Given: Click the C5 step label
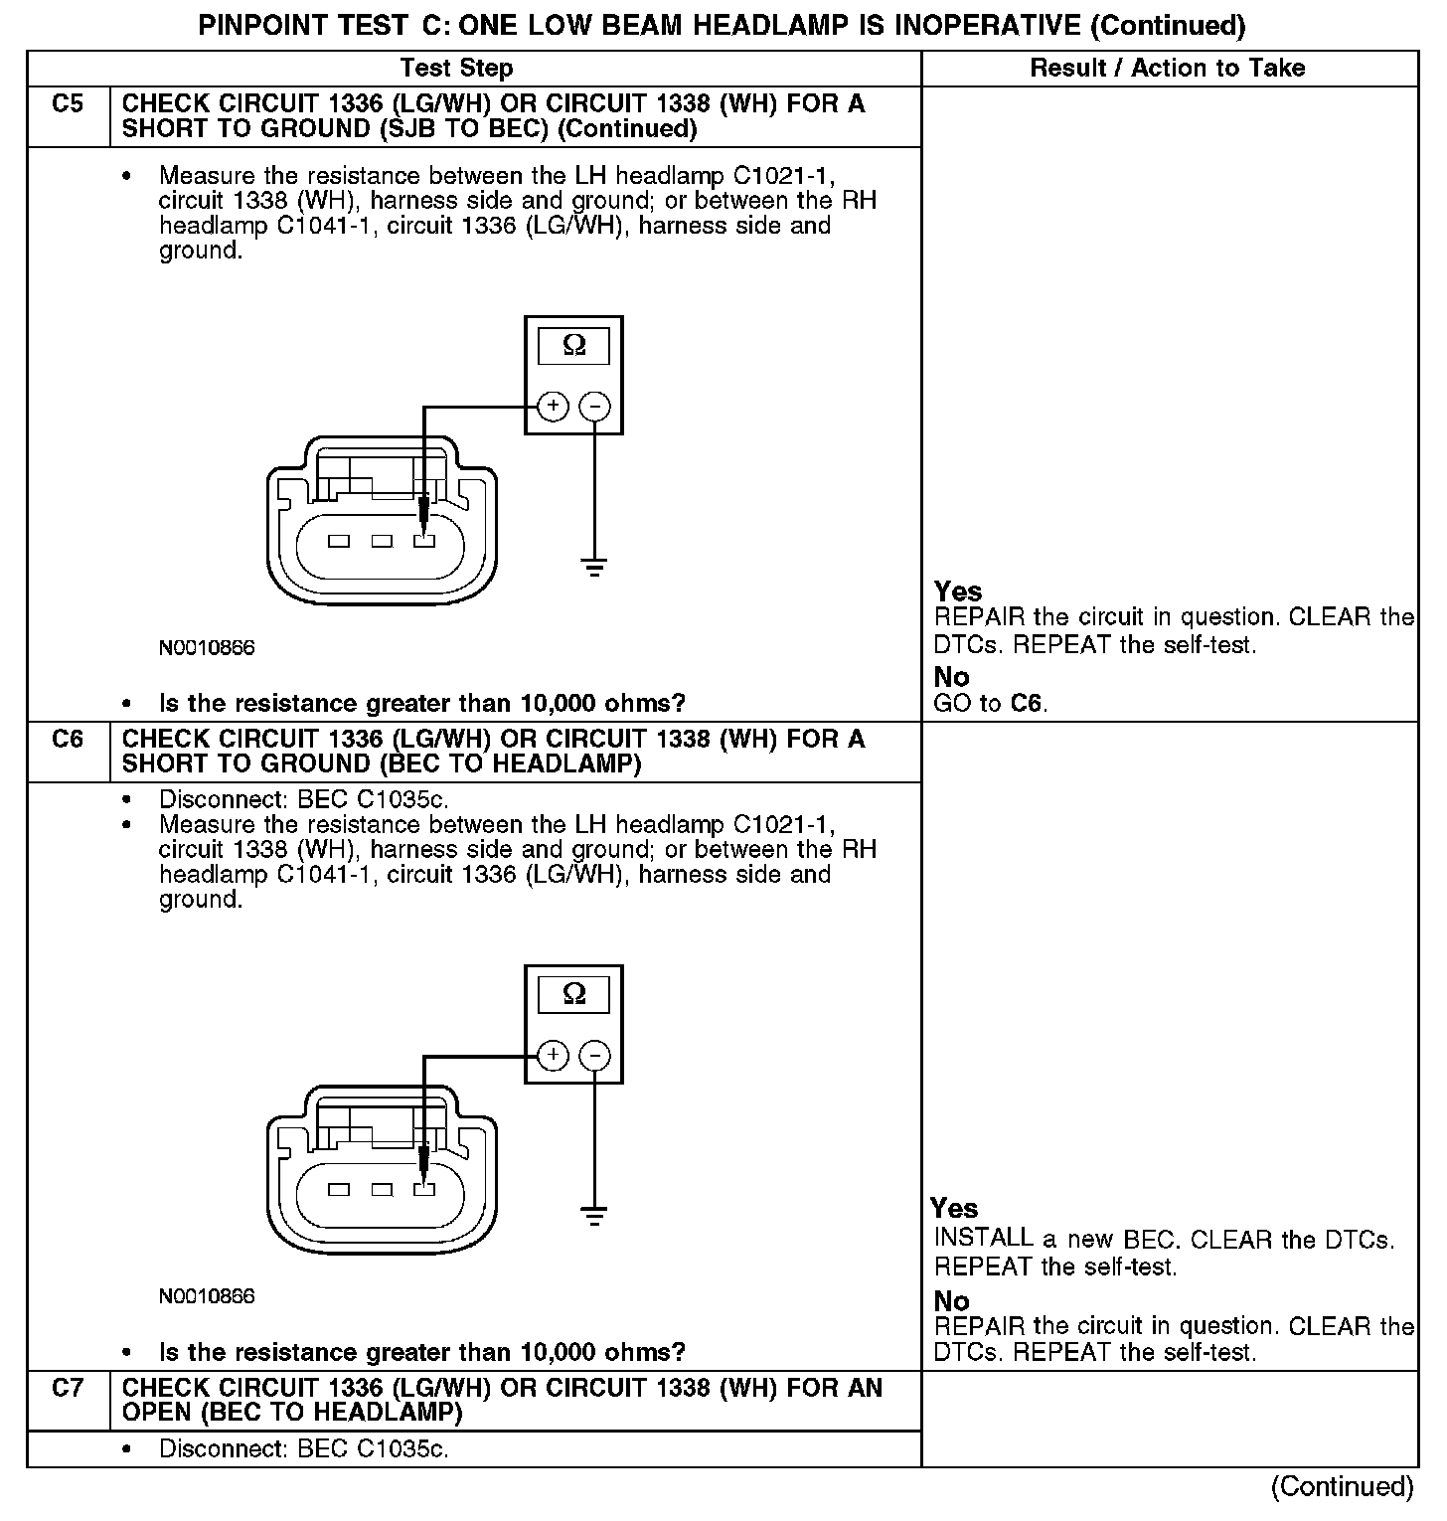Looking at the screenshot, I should pyautogui.click(x=68, y=104).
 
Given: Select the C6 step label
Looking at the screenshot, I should pyautogui.click(x=68, y=740).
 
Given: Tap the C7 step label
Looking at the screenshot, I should pyautogui.click(x=68, y=1388).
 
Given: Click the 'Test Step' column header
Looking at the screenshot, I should pyautogui.click(x=456, y=69).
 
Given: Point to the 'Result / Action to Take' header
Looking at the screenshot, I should pyautogui.click(x=1168, y=69).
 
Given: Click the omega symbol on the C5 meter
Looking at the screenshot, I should pyautogui.click(x=573, y=346).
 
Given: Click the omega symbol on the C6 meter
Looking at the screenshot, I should pyautogui.click(x=573, y=994).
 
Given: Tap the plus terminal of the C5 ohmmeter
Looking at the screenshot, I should pyautogui.click(x=553, y=406).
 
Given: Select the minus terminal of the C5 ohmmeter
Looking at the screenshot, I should pyautogui.click(x=594, y=406).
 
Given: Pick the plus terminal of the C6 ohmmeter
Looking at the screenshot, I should pyautogui.click(x=553, y=1055).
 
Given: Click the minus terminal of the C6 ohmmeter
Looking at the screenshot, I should pyautogui.click(x=594, y=1055).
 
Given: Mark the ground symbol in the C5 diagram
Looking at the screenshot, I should pyautogui.click(x=594, y=569).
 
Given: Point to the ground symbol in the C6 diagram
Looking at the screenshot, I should pyautogui.click(x=594, y=1217).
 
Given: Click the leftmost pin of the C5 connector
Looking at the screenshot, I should pyautogui.click(x=339, y=541).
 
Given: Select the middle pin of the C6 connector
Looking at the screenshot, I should pyautogui.click(x=382, y=1189).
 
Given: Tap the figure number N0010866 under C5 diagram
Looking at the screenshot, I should pyautogui.click(x=207, y=648).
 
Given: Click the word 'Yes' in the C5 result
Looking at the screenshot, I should pyautogui.click(x=957, y=591).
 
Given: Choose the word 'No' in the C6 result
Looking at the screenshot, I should pyautogui.click(x=951, y=1300).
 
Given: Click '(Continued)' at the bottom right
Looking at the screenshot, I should pyautogui.click(x=1343, y=1486).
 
